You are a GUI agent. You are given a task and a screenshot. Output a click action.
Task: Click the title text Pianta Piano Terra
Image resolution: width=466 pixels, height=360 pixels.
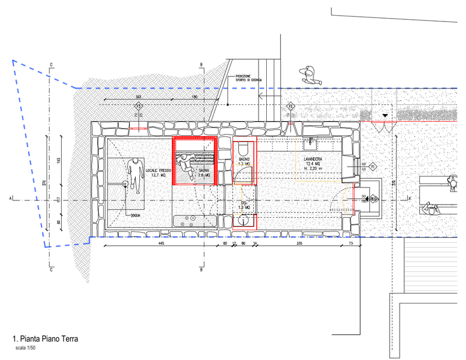pos(45,338)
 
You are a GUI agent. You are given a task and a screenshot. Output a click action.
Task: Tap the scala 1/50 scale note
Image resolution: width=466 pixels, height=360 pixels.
pos(26,348)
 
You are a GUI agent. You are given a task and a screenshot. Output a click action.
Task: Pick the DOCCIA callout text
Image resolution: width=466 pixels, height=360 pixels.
pos(135,216)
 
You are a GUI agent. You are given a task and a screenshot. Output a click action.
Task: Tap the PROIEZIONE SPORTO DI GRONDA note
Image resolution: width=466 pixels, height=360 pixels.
pos(249,78)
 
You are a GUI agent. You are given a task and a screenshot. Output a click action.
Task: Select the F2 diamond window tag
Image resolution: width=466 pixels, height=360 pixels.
pos(290,107)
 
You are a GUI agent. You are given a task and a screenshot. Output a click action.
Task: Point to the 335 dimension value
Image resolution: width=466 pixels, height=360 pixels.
pos(299,243)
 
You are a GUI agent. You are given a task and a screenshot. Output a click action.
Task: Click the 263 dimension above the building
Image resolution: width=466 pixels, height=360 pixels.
pos(139,97)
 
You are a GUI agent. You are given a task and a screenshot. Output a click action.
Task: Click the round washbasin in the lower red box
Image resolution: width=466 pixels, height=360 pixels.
pos(243,220)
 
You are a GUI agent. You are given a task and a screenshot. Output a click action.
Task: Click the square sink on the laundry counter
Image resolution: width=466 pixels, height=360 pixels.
pos(312,140)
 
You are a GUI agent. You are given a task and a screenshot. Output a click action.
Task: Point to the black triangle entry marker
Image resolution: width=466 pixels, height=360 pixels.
pos(384,116)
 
